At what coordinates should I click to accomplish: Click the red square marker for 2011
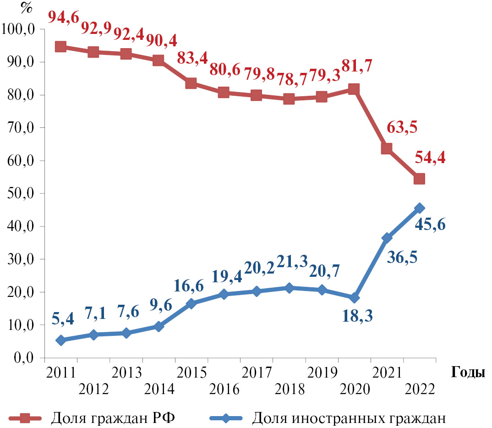(60, 47)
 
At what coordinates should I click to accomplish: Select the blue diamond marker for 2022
(419, 209)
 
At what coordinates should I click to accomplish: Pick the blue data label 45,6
(430, 225)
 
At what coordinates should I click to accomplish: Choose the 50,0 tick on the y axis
(22, 193)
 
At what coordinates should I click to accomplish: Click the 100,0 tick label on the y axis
(19, 29)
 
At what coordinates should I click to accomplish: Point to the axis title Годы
(468, 372)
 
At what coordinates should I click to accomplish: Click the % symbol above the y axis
(27, 9)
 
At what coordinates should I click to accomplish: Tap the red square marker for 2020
(354, 89)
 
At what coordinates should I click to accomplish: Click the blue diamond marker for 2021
(387, 238)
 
